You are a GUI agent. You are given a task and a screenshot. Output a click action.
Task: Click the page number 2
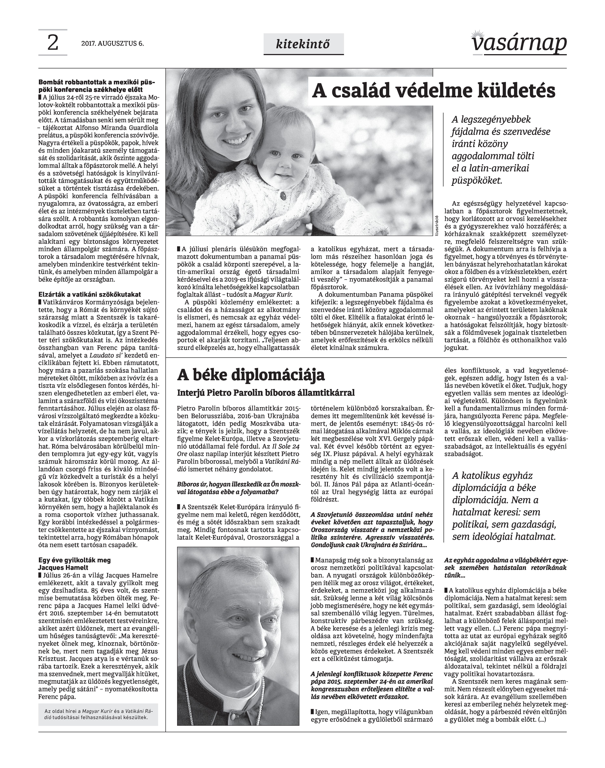pyautogui.click(x=52, y=43)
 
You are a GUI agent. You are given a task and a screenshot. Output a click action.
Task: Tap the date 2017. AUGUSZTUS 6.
pyautogui.click(x=113, y=44)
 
